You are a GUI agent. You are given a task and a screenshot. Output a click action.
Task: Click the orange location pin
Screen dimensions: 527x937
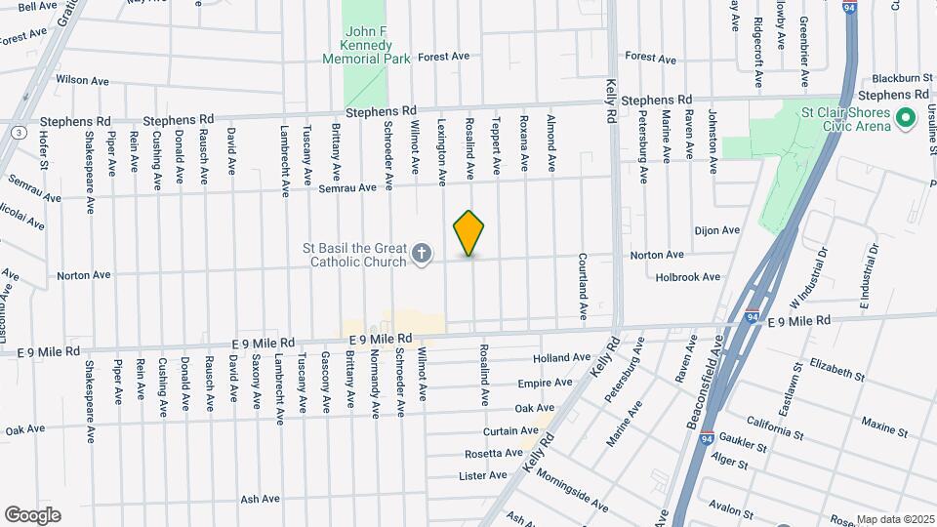[469, 232]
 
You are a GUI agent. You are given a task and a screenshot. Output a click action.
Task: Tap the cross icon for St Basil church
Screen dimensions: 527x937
[422, 256]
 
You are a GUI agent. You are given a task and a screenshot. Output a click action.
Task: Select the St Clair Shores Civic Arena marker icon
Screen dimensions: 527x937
[905, 119]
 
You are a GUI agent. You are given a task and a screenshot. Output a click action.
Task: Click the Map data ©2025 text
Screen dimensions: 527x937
[895, 519]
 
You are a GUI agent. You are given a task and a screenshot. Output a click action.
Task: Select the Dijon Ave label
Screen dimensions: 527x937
[717, 231]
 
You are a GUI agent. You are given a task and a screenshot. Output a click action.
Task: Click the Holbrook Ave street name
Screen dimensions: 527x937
[688, 277]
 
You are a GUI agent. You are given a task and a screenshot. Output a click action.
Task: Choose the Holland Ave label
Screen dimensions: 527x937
[562, 358]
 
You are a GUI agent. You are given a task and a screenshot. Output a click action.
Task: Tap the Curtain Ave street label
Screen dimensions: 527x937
[510, 430]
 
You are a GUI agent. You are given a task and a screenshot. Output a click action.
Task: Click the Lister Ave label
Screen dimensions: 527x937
[483, 476]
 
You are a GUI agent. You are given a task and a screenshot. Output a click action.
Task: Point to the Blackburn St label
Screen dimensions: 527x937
[897, 77]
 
